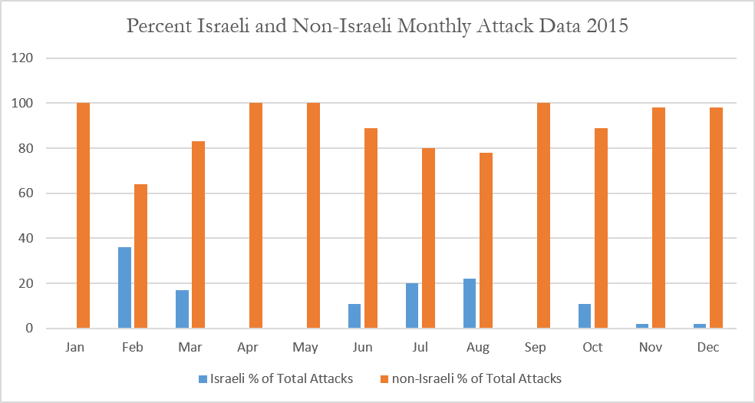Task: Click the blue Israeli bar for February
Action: [x=125, y=288]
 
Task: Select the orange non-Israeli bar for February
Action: [x=140, y=256]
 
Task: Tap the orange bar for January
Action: [x=84, y=216]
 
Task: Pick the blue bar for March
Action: [x=183, y=309]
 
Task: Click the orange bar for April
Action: [x=256, y=216]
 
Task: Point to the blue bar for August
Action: [x=470, y=304]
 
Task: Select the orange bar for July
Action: [x=429, y=238]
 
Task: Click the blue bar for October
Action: [x=585, y=316]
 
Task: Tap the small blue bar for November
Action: [x=642, y=326]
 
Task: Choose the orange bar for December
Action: [x=716, y=218]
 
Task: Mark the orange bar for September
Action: [x=544, y=216]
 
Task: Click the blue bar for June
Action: [x=354, y=316]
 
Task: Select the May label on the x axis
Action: [x=305, y=348]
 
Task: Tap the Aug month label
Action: [x=478, y=348]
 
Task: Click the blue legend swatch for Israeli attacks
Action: [x=203, y=379]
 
